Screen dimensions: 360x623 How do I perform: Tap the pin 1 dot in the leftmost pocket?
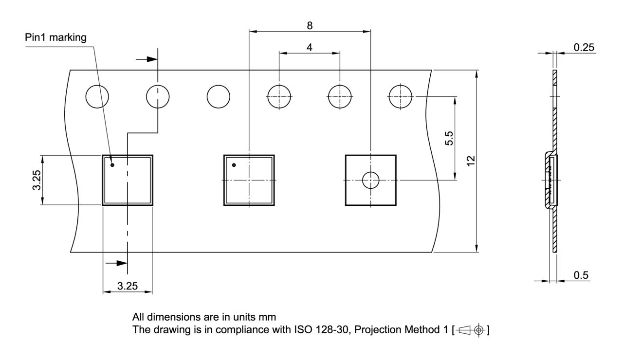pos(112,165)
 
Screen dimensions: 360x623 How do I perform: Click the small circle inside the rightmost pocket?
pos(370,180)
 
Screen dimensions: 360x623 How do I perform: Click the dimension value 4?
pos(310,48)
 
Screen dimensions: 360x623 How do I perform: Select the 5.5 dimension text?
pos(450,139)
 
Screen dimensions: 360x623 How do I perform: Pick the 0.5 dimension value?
pos(581,275)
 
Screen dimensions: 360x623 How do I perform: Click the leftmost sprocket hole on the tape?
pos(97,96)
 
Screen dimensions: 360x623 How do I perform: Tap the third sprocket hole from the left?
pos(219,96)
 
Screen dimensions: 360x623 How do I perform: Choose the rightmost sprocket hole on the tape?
pos(400,96)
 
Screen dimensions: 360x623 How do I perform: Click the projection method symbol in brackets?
pos(471,330)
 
